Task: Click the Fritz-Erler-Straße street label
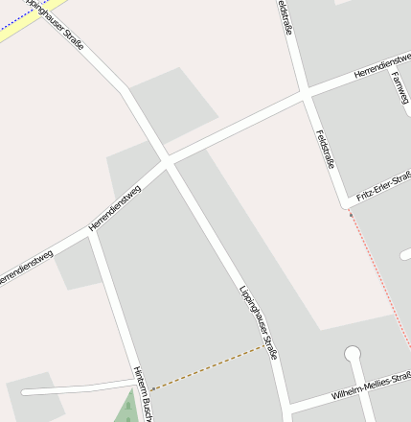383,187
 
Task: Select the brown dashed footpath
206,367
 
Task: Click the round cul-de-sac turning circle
353,354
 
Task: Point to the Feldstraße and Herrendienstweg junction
305,94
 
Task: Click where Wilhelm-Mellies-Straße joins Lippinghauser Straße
286,407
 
